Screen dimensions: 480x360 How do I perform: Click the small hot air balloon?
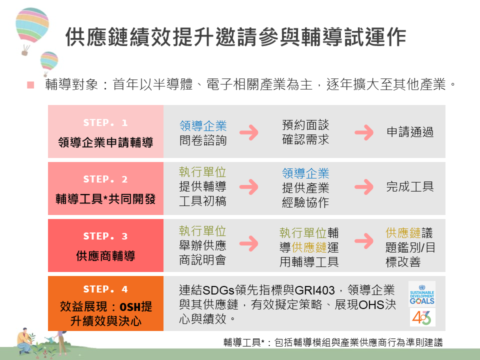(49, 63)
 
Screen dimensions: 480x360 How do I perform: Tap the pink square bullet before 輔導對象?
(30, 85)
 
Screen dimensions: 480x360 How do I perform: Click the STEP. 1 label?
(105, 123)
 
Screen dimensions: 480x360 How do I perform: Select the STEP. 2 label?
(105, 179)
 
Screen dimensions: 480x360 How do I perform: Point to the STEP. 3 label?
(105, 236)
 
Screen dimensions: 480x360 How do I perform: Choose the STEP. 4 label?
(105, 289)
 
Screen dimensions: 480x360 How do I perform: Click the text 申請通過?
(410, 132)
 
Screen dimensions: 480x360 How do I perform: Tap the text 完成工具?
(410, 186)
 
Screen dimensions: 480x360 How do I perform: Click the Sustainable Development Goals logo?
(422, 294)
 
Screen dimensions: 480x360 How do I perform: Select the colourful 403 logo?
(422, 317)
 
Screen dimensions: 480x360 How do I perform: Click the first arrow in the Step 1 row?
(249, 132)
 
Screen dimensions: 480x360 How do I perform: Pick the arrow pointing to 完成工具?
(364, 187)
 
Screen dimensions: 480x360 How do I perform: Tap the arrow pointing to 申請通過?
(364, 132)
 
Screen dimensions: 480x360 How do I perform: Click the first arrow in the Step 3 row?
(249, 243)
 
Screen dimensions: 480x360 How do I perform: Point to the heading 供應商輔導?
(105, 256)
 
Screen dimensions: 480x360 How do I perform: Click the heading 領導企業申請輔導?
(105, 142)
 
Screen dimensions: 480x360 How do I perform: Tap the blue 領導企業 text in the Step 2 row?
(305, 173)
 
